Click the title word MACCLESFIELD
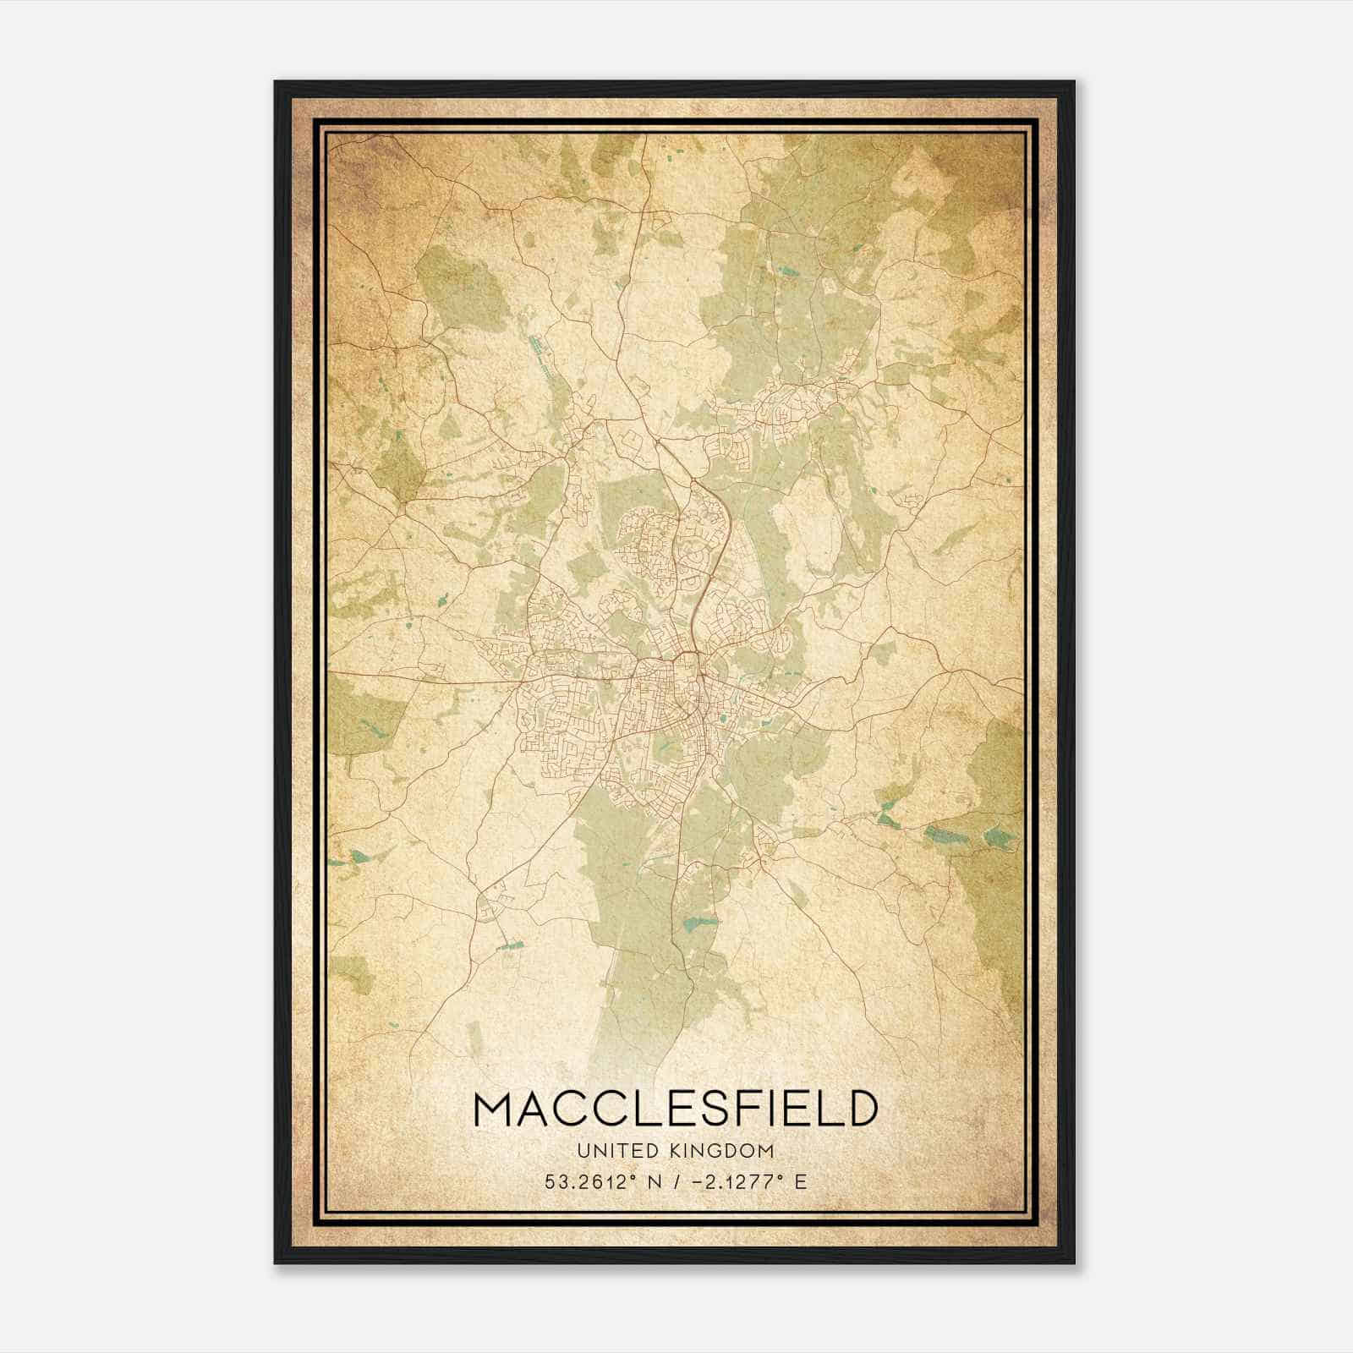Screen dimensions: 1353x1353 point(676,1109)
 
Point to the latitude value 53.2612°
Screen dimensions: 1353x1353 point(590,1181)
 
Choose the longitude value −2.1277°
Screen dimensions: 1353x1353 point(732,1181)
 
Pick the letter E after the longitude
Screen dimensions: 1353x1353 point(800,1181)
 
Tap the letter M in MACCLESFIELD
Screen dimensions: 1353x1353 point(496,1109)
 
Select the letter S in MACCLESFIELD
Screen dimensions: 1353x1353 point(709,1109)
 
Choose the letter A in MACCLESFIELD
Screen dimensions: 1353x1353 point(542,1109)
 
